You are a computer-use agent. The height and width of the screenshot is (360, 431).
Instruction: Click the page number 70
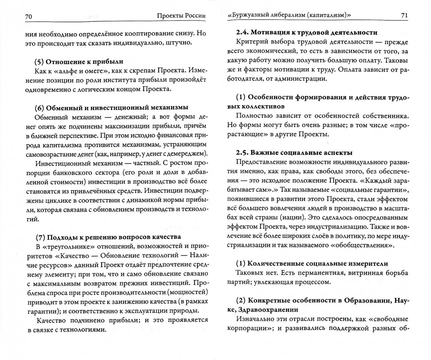tap(28, 16)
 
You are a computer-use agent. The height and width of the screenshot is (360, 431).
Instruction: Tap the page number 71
tap(404, 15)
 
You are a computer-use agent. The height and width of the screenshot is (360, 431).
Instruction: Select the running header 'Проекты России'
tap(181, 16)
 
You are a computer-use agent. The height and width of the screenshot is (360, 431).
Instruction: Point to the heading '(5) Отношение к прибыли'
tap(79, 61)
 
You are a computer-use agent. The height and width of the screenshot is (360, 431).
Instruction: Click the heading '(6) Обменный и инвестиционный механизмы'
tap(111, 107)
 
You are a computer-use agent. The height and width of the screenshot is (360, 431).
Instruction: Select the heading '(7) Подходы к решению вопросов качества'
tap(108, 237)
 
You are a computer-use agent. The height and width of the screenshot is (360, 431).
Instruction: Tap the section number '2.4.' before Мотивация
tap(242, 33)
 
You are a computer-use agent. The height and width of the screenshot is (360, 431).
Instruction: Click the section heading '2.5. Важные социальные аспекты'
tap(294, 153)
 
